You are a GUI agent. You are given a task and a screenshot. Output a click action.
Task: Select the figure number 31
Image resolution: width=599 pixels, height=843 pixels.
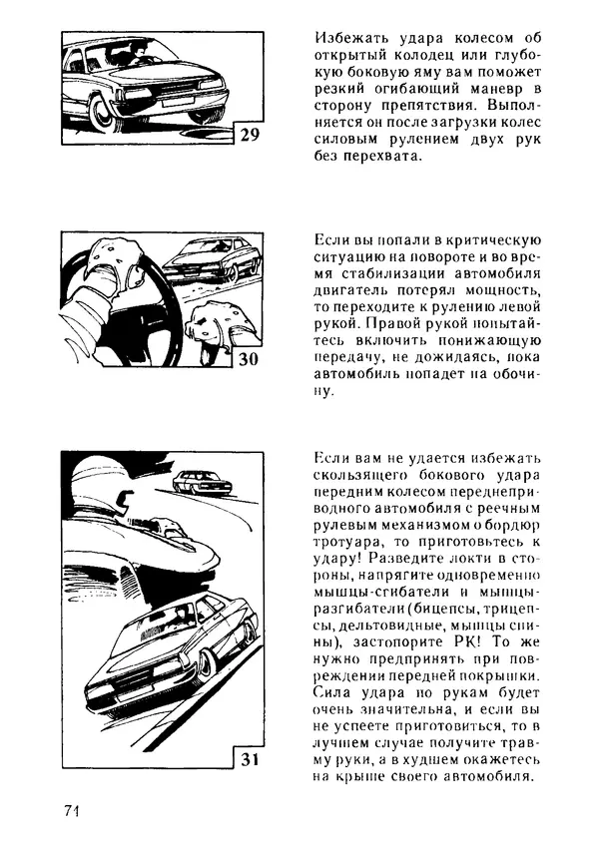250,761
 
